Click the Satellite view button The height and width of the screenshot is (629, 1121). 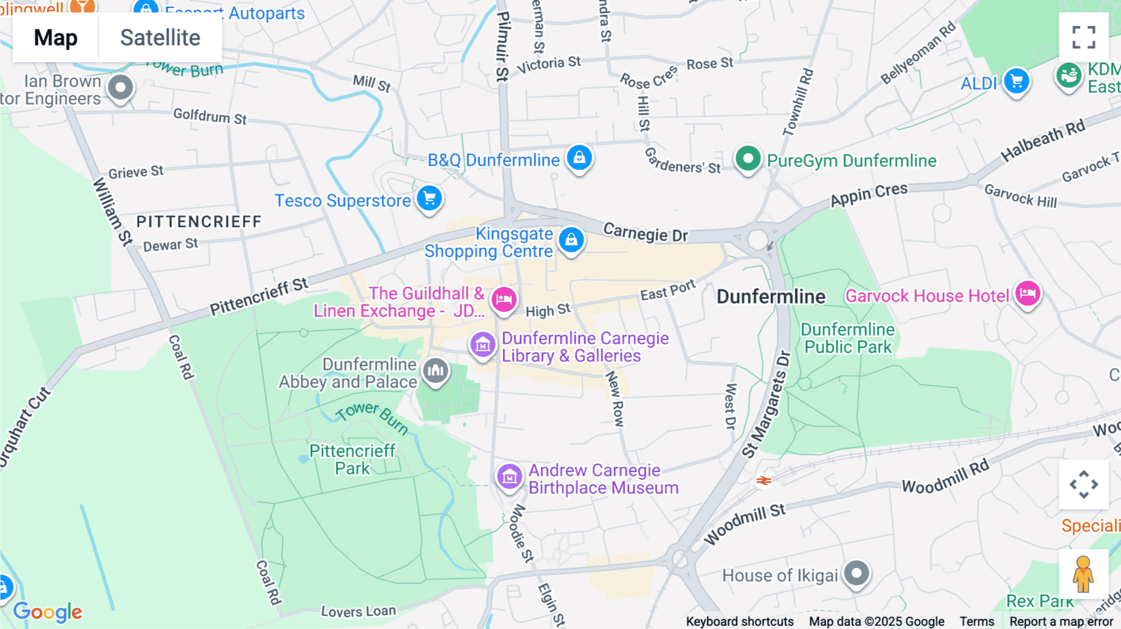point(160,37)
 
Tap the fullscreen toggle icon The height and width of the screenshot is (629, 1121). point(1084,37)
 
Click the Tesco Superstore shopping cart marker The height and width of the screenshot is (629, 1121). point(429,199)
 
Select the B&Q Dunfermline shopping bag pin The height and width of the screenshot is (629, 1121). point(579,158)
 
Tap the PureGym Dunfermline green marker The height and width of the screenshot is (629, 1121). point(748,159)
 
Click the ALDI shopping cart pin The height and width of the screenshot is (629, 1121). point(1016,81)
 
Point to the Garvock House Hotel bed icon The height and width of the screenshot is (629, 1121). point(1028,293)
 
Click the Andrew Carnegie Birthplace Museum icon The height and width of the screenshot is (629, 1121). point(509,477)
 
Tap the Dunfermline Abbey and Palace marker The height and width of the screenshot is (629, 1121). point(435,371)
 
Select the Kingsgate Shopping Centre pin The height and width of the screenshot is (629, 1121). point(571,240)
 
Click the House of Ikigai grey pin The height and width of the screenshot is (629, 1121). point(856,573)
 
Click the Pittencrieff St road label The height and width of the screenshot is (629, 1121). point(258,297)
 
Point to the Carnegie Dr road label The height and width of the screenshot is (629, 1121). point(645,233)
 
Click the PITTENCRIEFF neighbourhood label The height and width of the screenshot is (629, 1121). point(199,222)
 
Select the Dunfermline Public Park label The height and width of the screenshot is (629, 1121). point(848,338)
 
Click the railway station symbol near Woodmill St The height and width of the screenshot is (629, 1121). point(764,480)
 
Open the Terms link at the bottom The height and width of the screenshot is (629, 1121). point(977,621)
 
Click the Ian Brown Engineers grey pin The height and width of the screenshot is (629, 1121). point(120,88)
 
